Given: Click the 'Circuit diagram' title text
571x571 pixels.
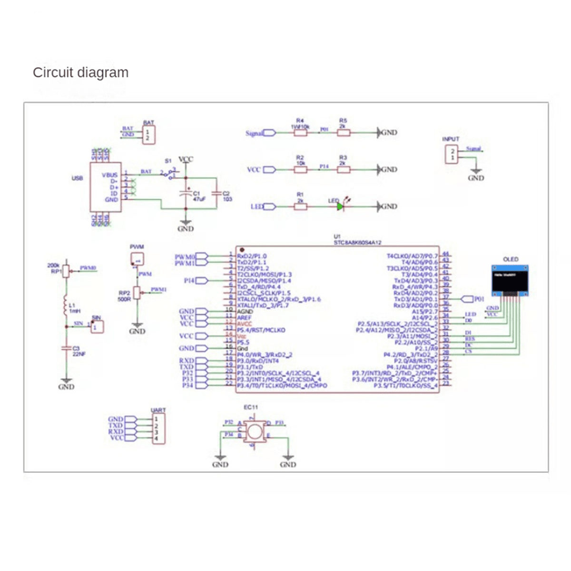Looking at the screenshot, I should (80, 73).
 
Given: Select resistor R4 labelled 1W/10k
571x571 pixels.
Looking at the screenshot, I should (300, 133).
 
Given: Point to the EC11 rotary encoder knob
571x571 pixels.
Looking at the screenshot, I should (255, 431).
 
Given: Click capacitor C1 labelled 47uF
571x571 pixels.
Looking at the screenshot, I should (185, 194).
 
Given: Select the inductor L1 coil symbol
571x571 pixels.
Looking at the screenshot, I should (66, 305).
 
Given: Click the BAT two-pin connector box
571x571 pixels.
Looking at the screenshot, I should (148, 135).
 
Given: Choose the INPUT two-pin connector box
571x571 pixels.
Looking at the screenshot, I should (452, 154).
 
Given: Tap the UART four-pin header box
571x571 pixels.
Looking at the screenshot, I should (158, 428).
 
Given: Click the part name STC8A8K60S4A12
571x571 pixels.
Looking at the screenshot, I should (357, 243).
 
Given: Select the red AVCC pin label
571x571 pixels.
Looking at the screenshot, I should (244, 324).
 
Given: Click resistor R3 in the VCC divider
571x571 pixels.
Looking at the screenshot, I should (344, 169).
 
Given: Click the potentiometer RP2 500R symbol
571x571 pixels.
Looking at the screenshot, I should (137, 293).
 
